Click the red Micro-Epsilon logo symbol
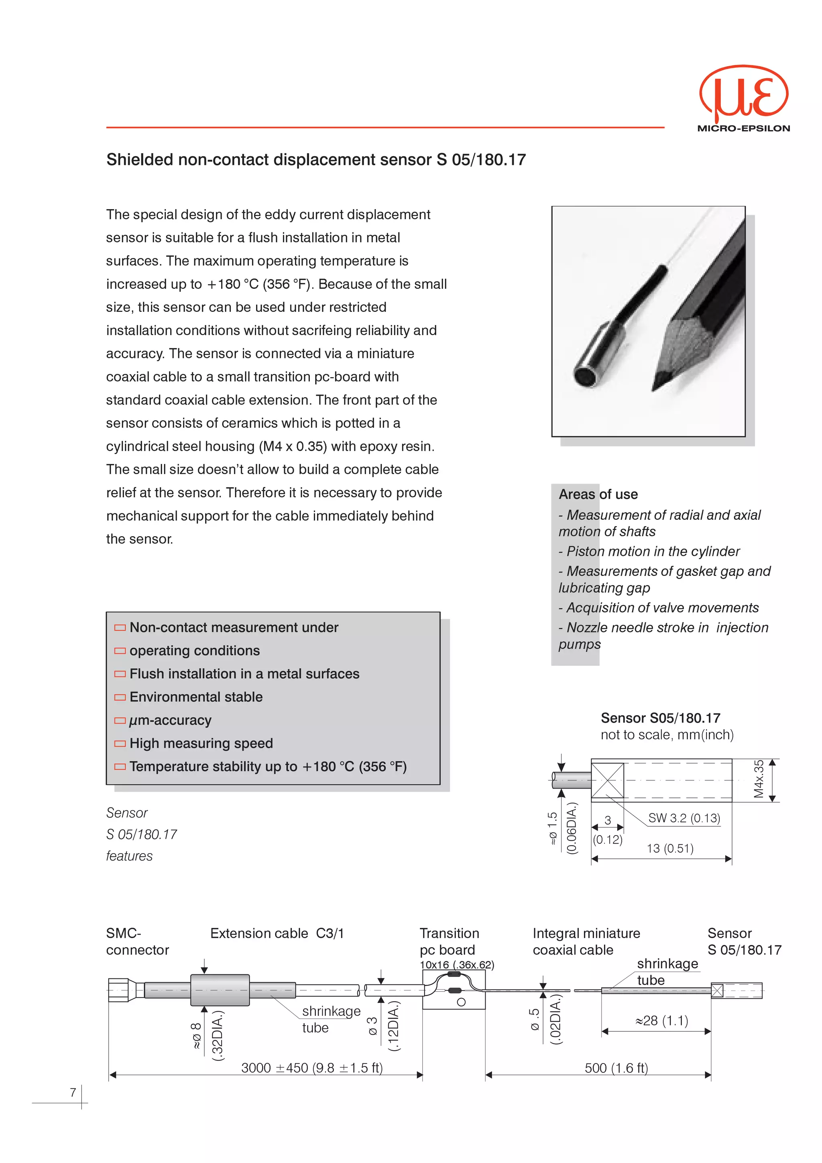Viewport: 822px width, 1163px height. click(743, 95)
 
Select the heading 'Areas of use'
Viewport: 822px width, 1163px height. click(598, 494)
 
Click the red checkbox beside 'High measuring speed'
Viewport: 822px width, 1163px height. click(120, 744)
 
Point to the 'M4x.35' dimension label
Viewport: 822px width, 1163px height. click(758, 779)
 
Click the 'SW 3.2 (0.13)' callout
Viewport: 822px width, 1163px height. click(684, 818)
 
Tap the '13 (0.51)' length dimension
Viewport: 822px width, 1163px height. click(669, 848)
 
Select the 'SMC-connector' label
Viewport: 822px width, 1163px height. click(137, 941)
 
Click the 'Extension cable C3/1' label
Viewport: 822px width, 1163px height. click(277, 933)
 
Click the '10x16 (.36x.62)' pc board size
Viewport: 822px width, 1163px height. click(456, 964)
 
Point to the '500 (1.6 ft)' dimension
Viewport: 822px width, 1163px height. click(616, 1068)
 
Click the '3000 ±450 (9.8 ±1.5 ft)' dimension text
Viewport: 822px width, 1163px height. click(311, 1068)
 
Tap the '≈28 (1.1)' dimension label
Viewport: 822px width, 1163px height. click(661, 1020)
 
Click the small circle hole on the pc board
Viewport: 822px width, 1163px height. click(461, 1002)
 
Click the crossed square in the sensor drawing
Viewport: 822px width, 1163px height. click(607, 781)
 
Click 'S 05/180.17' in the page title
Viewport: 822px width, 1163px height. click(481, 160)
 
